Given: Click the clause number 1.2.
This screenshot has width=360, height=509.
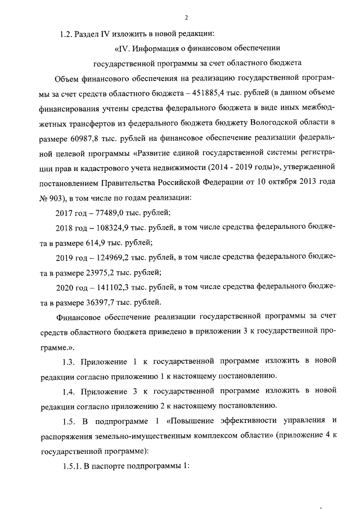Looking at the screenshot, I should tap(66, 33).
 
